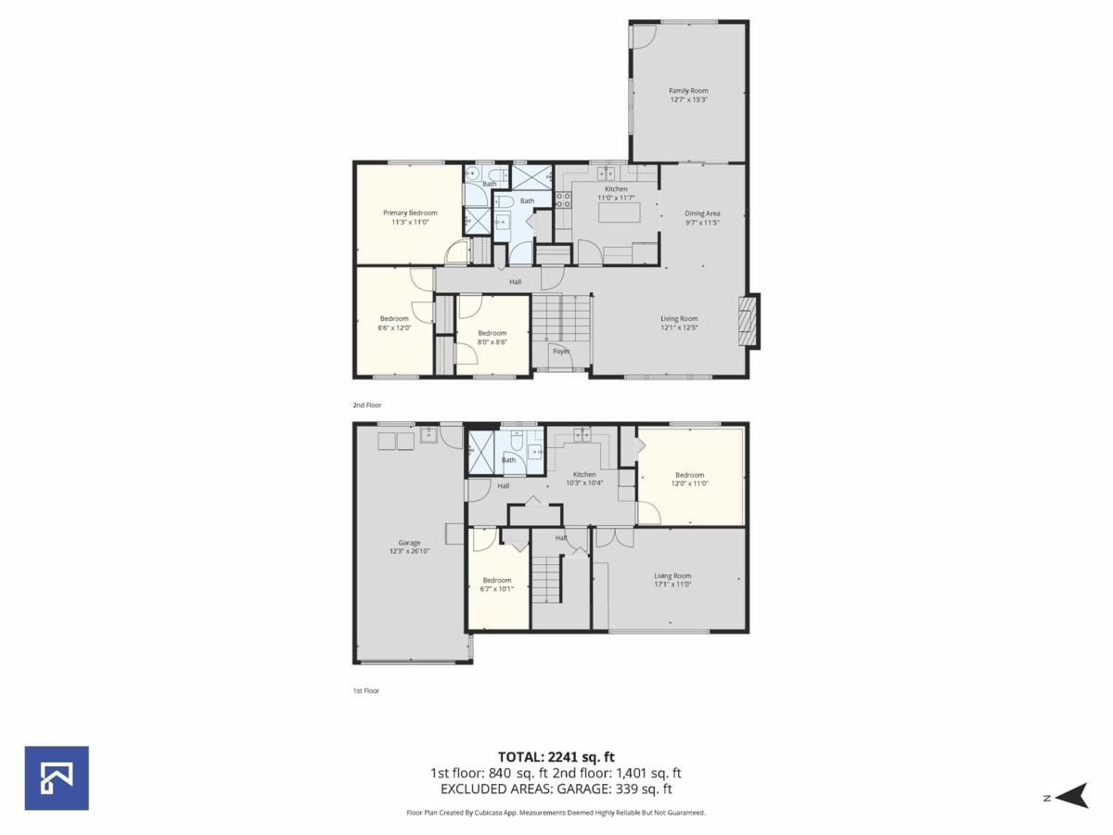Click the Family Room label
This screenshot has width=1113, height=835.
(x=688, y=91)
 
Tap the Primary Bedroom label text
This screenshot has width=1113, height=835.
(x=410, y=212)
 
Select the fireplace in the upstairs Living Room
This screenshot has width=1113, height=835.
(x=748, y=321)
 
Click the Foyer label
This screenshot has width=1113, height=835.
(x=561, y=351)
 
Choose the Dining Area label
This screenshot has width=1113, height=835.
(x=702, y=212)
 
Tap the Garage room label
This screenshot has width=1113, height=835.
(x=409, y=543)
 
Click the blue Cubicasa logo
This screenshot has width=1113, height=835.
(x=57, y=777)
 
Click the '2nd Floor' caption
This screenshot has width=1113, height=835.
(x=366, y=405)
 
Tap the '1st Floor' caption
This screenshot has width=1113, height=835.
(x=365, y=690)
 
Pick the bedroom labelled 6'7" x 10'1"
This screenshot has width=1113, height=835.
(x=497, y=584)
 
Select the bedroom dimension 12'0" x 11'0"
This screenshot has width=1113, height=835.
(x=689, y=483)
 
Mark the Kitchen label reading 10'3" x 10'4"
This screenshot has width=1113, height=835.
(x=584, y=482)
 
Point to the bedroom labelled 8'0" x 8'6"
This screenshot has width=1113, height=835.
(x=493, y=338)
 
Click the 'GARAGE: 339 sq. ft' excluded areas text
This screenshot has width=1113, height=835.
(x=615, y=790)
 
